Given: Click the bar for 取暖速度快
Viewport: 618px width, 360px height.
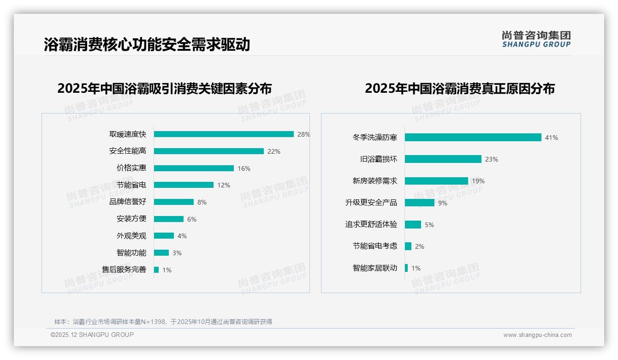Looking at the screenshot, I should pos(224,134).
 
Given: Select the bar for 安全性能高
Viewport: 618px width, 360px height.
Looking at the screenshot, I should pos(208,151).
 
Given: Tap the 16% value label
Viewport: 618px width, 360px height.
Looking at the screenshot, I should pos(244,168).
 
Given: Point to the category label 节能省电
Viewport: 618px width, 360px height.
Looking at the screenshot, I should pos(131,185).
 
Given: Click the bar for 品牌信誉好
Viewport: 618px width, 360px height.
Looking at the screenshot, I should pos(174,202).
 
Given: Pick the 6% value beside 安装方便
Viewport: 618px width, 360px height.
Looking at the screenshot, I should pos(192,219).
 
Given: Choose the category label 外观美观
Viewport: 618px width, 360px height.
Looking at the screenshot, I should pos(131,236).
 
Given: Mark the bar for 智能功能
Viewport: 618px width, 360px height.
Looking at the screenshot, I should pos(161,253).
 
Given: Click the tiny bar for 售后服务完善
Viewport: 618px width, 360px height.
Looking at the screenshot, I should pos(156,270).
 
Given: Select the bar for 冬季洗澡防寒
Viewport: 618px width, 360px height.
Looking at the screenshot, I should pos(473,138).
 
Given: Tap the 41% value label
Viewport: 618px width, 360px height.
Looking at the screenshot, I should pos(552,138).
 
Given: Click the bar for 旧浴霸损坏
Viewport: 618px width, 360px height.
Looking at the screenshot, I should pos(443,159).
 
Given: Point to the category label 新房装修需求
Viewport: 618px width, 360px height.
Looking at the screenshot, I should pos(375,181).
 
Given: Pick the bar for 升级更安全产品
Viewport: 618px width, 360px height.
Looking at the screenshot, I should pos(420,203).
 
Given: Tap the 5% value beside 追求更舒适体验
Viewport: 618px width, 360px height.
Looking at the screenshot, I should pos(429,225).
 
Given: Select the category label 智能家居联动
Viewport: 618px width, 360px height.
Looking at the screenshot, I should pos(375,268).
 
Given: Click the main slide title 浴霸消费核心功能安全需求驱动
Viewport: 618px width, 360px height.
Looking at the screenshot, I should pos(147,45).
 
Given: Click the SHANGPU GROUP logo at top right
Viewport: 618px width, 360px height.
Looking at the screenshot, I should pos(536,39).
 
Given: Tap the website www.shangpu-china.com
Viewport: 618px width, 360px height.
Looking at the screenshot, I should pos(537,335).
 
